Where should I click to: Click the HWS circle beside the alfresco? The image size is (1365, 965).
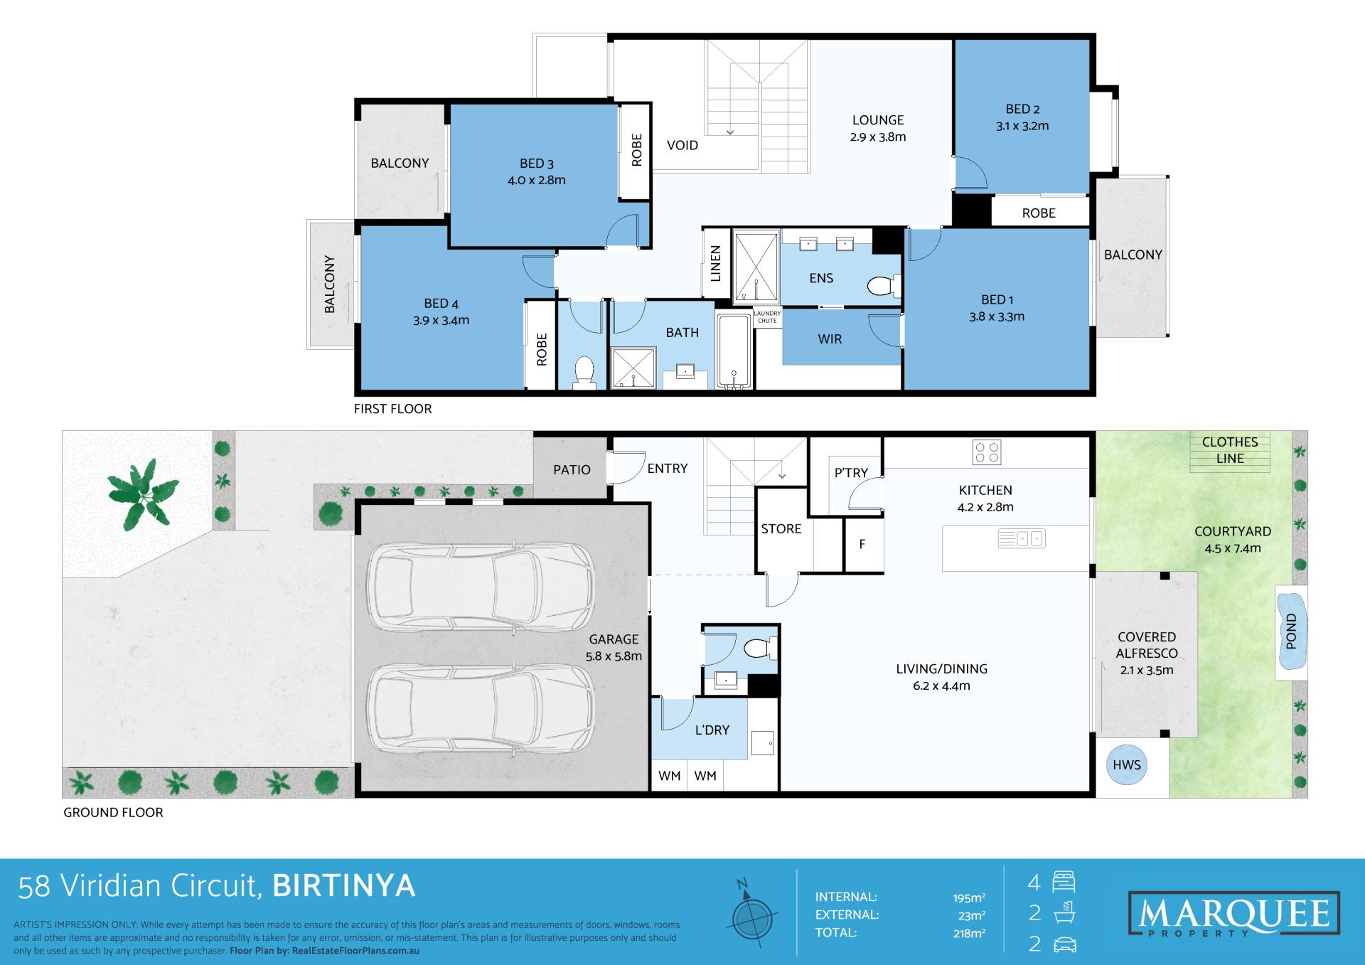1126,765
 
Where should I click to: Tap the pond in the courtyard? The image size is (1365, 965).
1291,631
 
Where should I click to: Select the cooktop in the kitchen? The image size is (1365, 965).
986,452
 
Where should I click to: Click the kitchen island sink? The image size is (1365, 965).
1021,538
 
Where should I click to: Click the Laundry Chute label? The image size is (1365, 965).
767,317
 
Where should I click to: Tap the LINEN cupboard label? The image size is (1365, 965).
716,263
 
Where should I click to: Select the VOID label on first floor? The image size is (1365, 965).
682,145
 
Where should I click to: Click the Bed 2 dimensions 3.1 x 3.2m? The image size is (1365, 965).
1022,127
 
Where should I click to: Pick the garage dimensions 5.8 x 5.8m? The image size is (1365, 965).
614,656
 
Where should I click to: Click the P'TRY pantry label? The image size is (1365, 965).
851,473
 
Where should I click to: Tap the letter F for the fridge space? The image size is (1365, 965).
862,545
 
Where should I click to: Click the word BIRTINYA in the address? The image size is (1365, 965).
344,886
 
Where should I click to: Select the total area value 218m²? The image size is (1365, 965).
969,933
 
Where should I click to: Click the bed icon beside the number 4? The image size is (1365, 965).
1064,883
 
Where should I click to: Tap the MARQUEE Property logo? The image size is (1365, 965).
1233,913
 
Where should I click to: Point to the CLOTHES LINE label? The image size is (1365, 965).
1230,450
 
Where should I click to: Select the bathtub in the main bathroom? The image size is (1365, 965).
734,352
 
